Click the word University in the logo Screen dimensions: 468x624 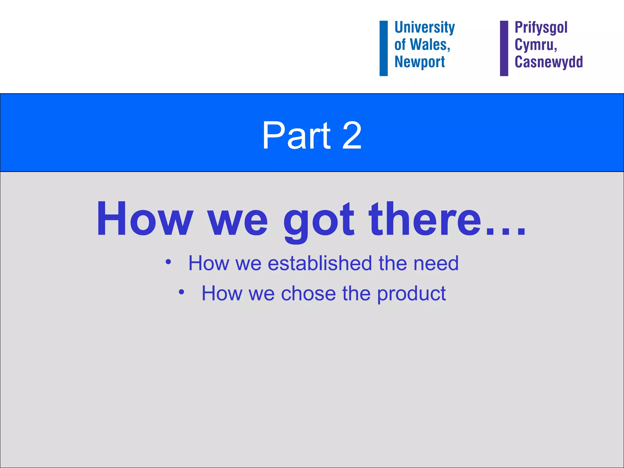point(424,27)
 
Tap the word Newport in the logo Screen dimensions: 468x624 point(420,62)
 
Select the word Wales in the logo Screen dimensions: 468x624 point(430,45)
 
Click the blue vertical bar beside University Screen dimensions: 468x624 point(384,48)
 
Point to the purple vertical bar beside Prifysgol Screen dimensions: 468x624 point(504,48)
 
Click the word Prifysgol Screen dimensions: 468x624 point(541,27)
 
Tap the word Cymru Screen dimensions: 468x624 point(535,45)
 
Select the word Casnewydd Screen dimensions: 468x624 point(548,62)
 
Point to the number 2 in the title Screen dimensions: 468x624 point(352,136)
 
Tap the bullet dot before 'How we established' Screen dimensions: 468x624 point(168,262)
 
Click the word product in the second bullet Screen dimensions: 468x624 point(411,294)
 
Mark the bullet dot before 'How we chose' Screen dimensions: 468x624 point(182,292)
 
